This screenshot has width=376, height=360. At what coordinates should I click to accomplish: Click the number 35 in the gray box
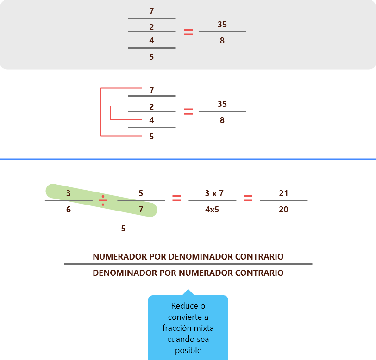222,25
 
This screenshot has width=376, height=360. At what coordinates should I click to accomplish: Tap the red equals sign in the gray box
188,32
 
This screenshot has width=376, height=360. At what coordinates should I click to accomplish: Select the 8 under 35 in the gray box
222,41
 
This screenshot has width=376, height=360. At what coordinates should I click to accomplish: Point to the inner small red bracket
111,113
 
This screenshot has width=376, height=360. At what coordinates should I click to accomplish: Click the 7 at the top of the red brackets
151,90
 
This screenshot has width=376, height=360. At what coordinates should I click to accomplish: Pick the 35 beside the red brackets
222,104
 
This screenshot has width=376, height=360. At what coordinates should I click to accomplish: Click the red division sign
103,200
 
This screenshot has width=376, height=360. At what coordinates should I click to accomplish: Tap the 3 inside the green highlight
69,193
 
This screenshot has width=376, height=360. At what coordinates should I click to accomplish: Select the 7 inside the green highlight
141,210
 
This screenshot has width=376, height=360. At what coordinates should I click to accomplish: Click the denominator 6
69,210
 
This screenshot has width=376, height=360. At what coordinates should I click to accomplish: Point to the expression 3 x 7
214,193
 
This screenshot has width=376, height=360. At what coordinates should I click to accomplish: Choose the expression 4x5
213,210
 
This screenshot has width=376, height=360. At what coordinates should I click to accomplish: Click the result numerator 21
283,193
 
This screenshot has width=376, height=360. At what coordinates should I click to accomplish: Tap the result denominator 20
283,210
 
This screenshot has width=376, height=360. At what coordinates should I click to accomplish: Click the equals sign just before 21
248,198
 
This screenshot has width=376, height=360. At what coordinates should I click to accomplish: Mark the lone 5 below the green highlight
123,229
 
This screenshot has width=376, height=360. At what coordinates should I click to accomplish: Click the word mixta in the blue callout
204,328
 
